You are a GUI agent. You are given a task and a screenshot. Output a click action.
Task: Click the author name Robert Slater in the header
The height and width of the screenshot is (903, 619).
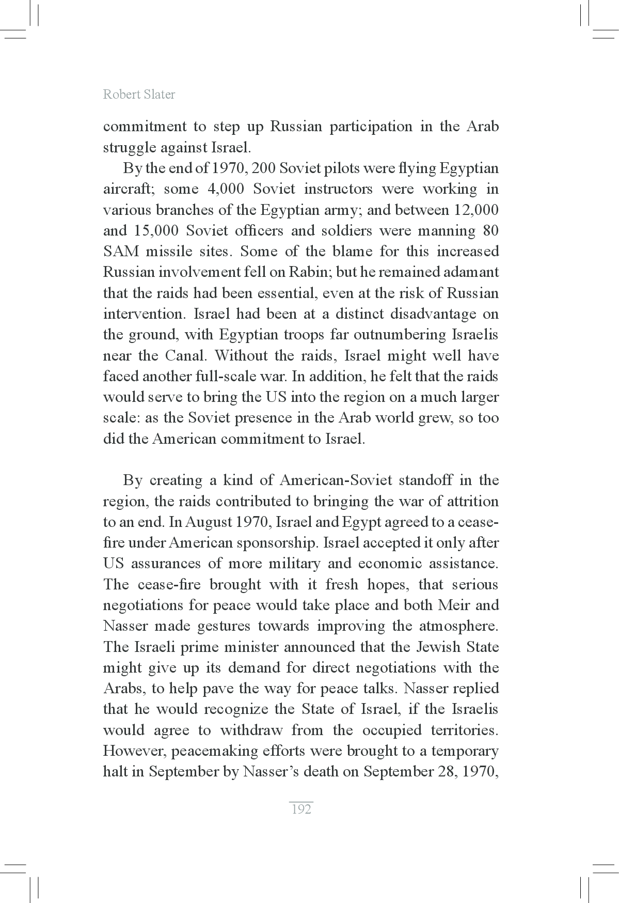pos(139,95)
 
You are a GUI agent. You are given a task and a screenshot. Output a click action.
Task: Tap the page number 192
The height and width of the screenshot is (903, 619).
pos(301,809)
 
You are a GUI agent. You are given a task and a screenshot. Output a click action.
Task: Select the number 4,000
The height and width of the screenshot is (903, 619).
pos(225,189)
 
